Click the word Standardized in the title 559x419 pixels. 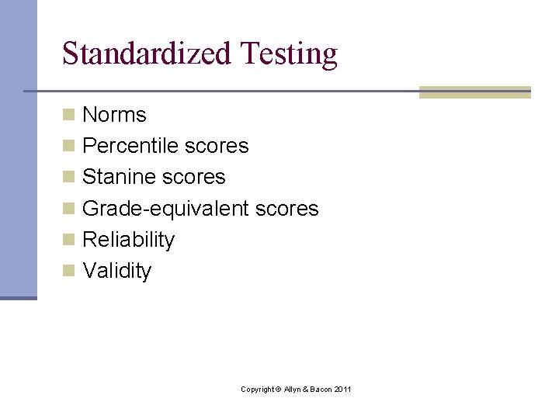pyautogui.click(x=147, y=54)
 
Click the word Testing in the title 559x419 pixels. pyautogui.click(x=289, y=54)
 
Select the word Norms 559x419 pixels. pyautogui.click(x=114, y=115)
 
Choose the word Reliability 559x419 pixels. pyautogui.click(x=128, y=240)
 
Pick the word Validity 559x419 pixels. pyautogui.click(x=116, y=271)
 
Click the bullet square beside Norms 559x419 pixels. pyautogui.click(x=69, y=115)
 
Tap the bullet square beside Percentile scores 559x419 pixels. pyautogui.click(x=69, y=146)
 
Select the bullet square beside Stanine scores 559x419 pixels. pyautogui.click(x=69, y=177)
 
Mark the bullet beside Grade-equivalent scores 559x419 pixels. pyautogui.click(x=69, y=209)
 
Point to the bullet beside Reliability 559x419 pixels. pyautogui.click(x=69, y=240)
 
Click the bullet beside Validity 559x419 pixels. pyautogui.click(x=69, y=271)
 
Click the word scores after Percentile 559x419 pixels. pyautogui.click(x=217, y=146)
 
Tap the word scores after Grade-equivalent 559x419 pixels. pyautogui.click(x=287, y=209)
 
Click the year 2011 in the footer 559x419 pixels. pyautogui.click(x=342, y=389)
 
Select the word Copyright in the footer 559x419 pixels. pyautogui.click(x=257, y=389)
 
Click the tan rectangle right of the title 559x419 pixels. pyautogui.click(x=474, y=92)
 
